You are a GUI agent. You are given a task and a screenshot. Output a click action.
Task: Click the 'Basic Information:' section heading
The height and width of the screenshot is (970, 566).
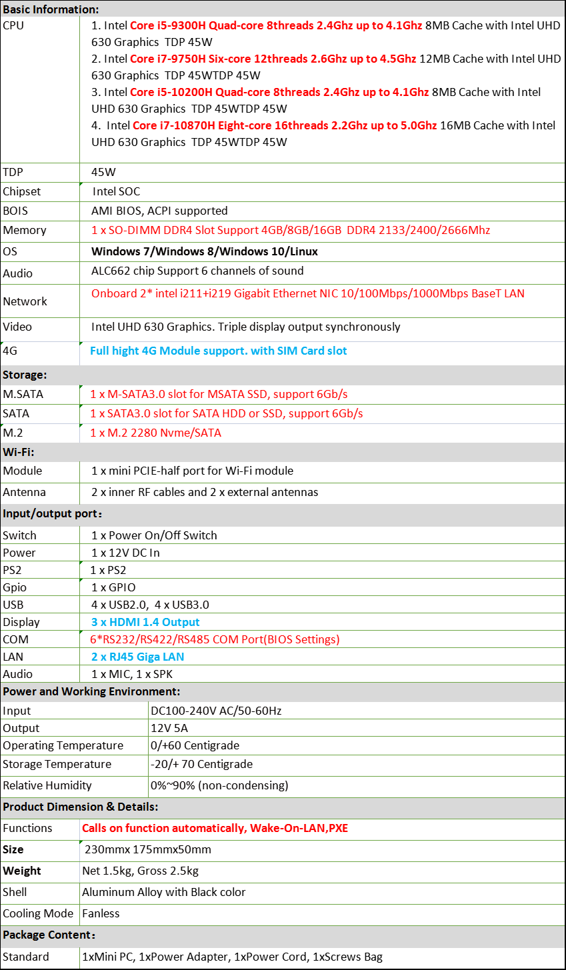(x=51, y=9)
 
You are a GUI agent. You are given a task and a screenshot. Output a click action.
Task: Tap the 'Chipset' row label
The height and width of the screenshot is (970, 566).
(x=21, y=191)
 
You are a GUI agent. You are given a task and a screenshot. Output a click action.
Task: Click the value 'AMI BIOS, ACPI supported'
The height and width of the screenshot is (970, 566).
(x=159, y=211)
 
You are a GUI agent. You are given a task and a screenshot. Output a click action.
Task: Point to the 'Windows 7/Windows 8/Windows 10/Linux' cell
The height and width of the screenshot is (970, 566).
(x=204, y=251)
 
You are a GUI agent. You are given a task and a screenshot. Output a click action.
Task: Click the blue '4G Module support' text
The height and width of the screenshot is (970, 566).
(x=219, y=351)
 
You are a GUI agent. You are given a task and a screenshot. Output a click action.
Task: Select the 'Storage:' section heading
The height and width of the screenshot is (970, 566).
(x=25, y=375)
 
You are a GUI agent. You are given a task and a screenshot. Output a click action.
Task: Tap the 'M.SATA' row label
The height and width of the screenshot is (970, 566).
(x=23, y=394)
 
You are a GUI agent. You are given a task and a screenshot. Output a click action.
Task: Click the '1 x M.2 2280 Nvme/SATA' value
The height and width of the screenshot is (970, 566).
(x=155, y=433)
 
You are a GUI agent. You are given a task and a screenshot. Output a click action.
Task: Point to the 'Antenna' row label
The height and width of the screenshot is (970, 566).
(x=24, y=492)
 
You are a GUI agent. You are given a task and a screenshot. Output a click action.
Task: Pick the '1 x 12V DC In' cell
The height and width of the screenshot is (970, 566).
(x=125, y=553)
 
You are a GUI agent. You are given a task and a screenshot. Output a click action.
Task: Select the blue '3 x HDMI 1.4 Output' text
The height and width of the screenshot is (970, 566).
(x=145, y=622)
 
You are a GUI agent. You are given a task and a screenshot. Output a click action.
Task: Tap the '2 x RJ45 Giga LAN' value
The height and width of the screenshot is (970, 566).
(x=137, y=657)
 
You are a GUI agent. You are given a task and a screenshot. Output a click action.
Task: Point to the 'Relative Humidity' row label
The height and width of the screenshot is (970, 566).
(x=47, y=785)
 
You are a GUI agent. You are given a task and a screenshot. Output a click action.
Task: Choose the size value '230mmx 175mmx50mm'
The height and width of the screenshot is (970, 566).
(x=148, y=849)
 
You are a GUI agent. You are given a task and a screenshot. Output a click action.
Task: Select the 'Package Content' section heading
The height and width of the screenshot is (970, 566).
(x=49, y=935)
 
